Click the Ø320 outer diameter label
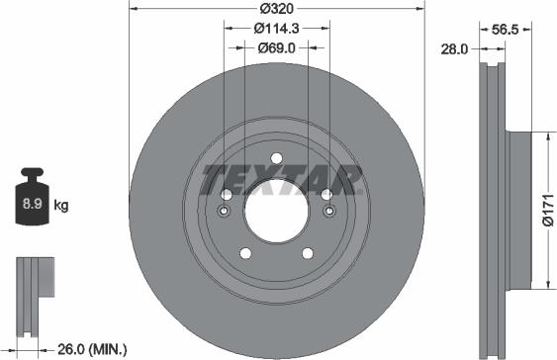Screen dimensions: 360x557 (276, 10)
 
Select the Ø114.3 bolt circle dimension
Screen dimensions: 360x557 (276, 29)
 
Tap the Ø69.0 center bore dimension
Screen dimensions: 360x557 (276, 46)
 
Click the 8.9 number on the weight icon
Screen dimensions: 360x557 (30, 206)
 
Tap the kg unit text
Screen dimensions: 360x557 (60, 206)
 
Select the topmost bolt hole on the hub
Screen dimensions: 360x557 (276, 157)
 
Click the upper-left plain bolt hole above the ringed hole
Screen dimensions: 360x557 (226, 195)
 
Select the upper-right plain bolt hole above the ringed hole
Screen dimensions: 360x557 (326, 195)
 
